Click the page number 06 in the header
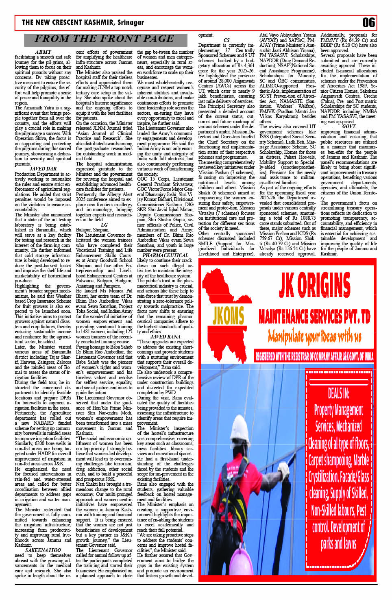368,23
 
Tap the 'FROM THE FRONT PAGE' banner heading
104,39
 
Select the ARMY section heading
43,52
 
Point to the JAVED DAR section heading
43,169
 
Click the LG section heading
104,225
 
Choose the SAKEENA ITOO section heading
43,550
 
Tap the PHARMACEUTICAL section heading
165,255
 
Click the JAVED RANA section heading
165,336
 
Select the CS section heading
226,40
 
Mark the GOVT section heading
348,127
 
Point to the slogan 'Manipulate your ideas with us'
314,336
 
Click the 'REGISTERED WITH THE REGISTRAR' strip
314,357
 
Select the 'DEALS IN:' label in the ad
338,393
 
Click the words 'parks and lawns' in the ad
338,543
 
